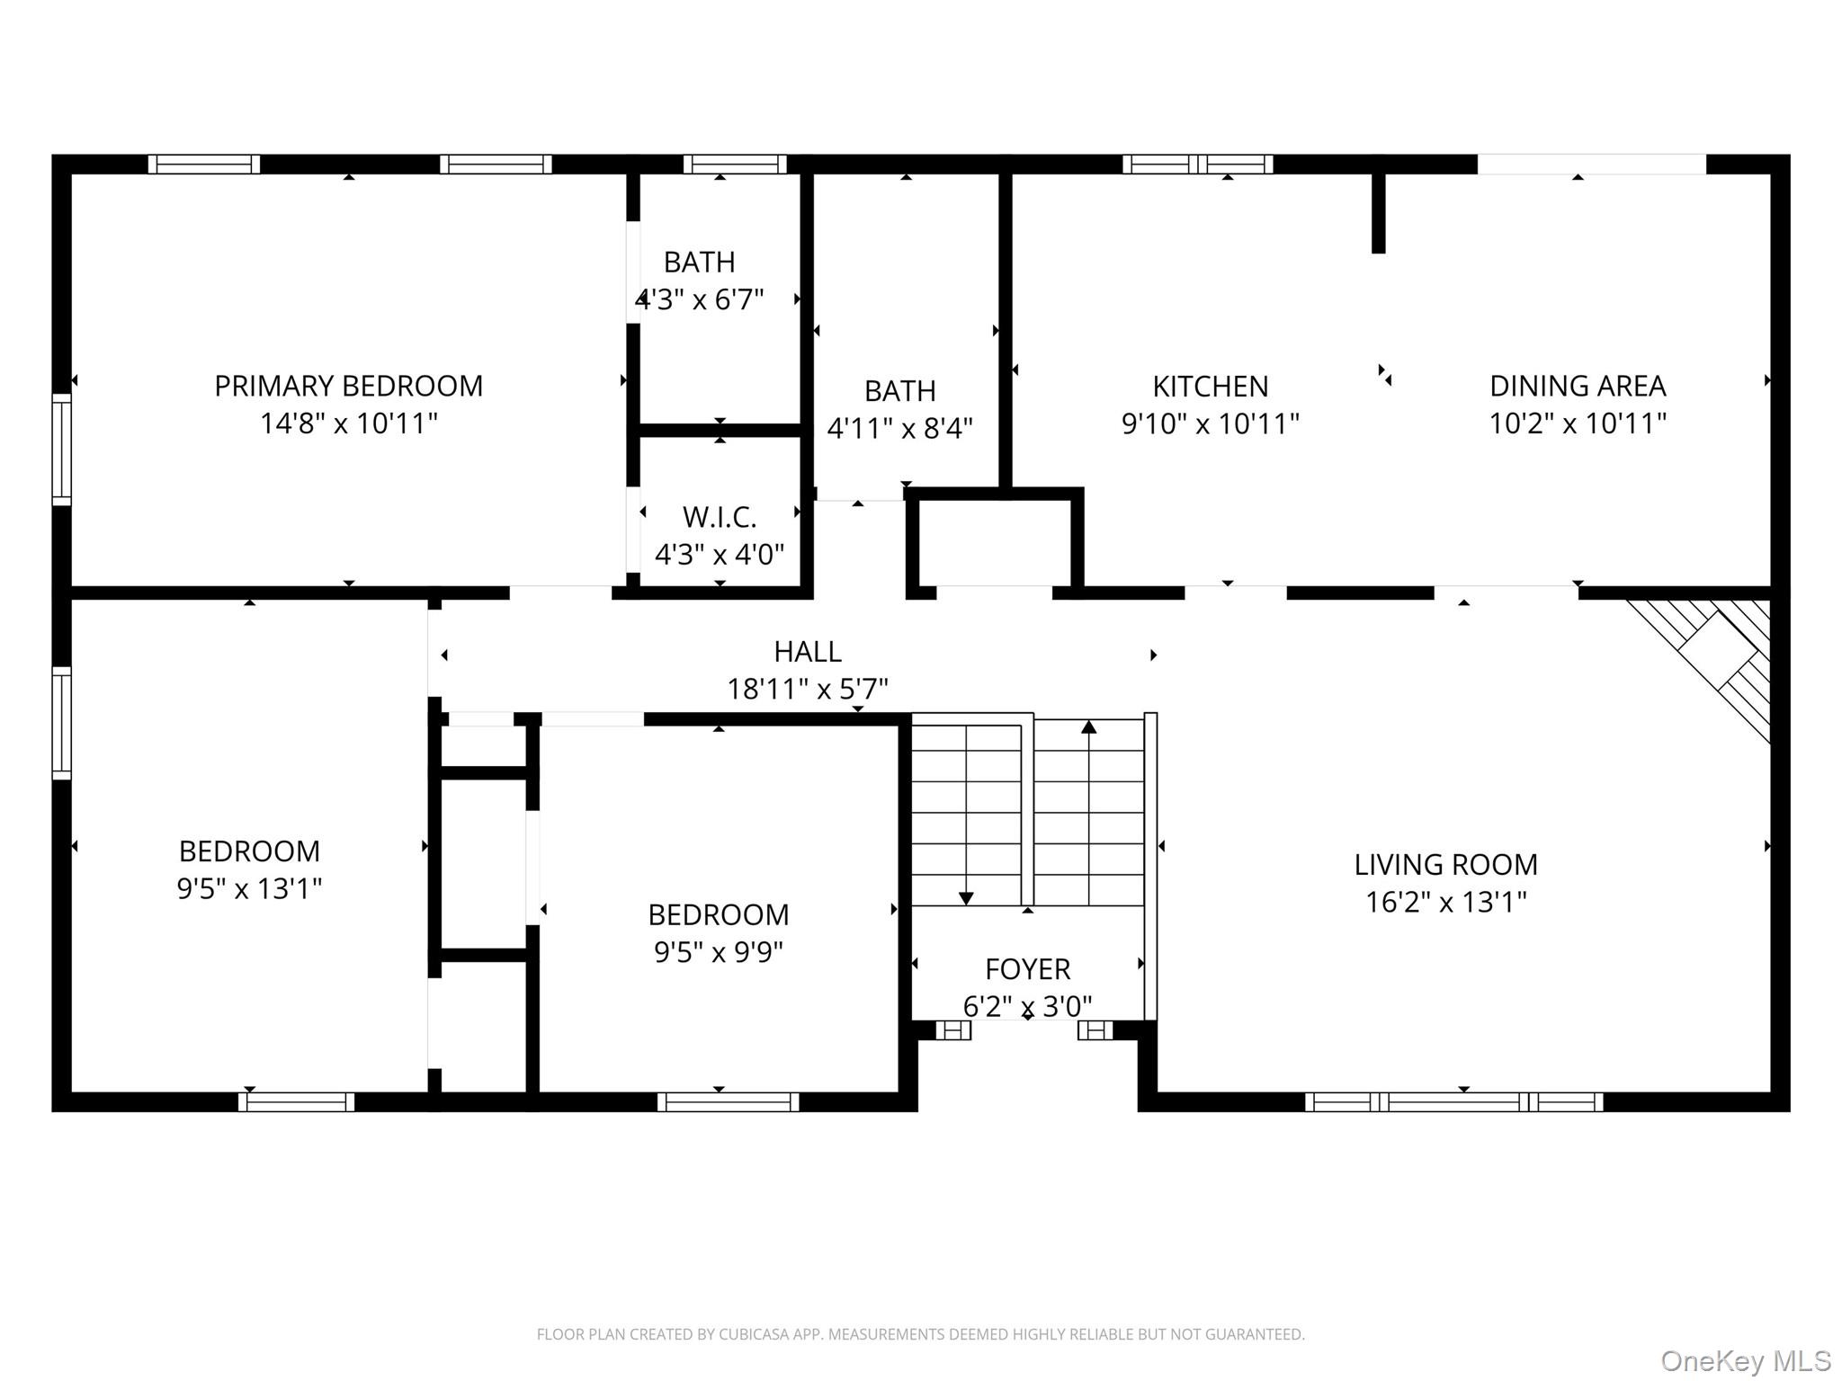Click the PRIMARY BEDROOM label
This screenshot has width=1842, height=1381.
(349, 386)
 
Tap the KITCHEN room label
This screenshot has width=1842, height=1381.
(1211, 387)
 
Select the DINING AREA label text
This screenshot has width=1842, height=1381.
(1578, 386)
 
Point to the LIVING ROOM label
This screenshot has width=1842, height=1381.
(1446, 864)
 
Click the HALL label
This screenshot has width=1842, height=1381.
(808, 651)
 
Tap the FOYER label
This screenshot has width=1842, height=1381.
(1028, 969)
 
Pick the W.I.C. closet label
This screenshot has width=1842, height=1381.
(720, 517)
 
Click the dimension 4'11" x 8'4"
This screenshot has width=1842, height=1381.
(899, 428)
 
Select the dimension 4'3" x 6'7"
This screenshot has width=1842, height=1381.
(700, 298)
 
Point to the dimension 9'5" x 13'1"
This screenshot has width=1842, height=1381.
(249, 888)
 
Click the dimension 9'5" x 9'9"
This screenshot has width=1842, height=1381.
(719, 951)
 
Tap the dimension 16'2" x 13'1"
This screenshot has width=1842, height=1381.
(1446, 902)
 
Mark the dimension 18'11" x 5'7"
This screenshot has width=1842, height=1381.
(808, 689)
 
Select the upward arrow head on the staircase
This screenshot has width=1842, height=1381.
(1089, 726)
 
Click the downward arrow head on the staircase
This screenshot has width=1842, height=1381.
(966, 898)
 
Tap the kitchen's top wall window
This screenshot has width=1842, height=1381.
(1198, 165)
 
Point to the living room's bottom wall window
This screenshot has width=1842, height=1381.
(1453, 1101)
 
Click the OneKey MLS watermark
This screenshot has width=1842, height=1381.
(1746, 1360)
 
